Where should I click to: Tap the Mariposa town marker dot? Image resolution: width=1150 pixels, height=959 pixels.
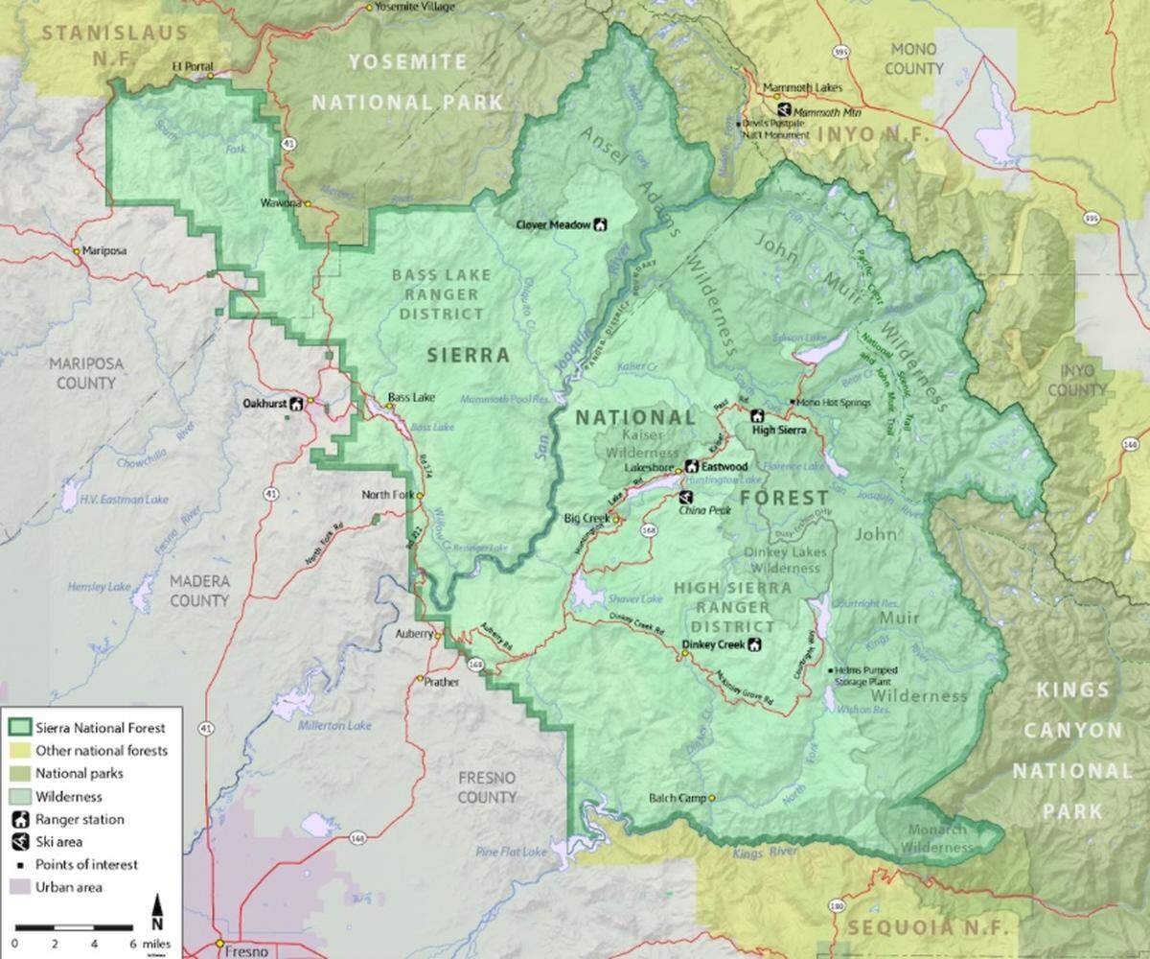(78, 251)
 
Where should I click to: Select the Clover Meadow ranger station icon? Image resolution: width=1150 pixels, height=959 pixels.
(601, 224)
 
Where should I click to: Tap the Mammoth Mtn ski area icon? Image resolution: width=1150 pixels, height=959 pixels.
(784, 110)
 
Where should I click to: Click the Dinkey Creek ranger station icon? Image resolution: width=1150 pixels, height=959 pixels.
(754, 644)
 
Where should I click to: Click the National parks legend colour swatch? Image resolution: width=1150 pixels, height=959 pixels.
(20, 773)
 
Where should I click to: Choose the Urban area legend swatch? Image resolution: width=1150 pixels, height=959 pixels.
(20, 887)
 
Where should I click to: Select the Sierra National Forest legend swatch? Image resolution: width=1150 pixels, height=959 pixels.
(20, 728)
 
